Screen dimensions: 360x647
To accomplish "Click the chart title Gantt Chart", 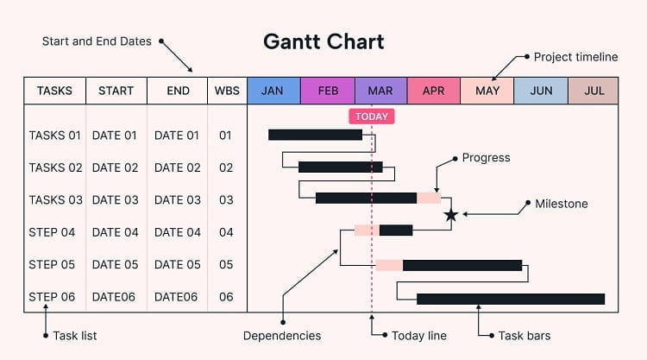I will pos(323,41).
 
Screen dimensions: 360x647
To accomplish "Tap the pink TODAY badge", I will pos(371,117).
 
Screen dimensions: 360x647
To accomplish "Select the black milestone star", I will pos(450,215).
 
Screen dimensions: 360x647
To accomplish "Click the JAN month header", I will pos(273,91).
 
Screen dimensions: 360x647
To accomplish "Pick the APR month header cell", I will pos(433,91).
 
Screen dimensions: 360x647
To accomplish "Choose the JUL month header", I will pos(594,91).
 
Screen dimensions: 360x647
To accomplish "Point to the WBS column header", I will pos(227,91).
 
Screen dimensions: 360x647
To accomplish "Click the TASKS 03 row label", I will pos(55,199).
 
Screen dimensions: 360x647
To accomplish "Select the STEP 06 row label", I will pos(52,297).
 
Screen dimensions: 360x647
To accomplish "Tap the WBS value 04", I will pos(226,232).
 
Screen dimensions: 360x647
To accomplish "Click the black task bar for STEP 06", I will pos(510,299).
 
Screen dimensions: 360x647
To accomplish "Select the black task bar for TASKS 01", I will pos(315,135).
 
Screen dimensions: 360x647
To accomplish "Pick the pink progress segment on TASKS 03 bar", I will pos(429,199).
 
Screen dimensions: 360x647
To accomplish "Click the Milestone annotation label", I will pos(562,204).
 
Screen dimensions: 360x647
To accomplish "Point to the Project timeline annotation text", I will pos(575,57).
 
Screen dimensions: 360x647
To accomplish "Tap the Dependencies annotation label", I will pos(282,336).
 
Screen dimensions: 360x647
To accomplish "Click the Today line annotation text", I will pos(419,336).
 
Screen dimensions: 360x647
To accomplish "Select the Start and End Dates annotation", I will pos(97,41).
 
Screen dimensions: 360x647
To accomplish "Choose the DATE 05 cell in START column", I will pos(115,265).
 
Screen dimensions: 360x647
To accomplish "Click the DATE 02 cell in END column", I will pos(176,167).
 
